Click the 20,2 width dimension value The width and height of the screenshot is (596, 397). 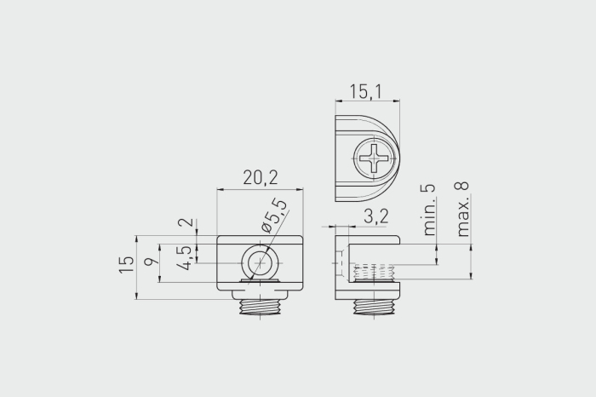261,177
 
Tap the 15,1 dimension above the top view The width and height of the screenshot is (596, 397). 365,92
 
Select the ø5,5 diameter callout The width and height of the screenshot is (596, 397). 273,216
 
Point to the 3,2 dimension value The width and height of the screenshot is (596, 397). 376,216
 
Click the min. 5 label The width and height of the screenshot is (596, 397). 429,210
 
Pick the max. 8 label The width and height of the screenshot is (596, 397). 461,209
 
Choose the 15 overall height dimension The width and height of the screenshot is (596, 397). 127,265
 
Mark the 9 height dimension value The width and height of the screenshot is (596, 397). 151,262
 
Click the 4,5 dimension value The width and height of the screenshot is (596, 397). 185,257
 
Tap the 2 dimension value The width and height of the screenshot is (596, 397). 187,222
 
